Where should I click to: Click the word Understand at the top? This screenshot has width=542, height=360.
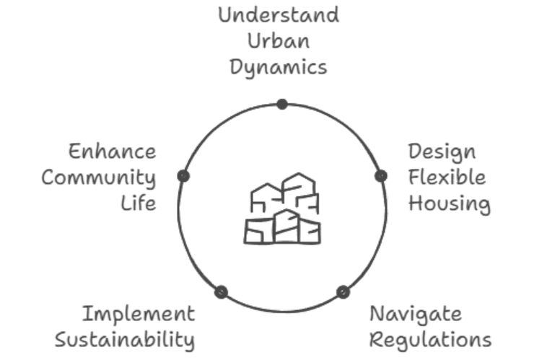click(x=279, y=15)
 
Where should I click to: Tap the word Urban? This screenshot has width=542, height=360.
click(x=279, y=41)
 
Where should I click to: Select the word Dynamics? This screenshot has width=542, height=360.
click(x=279, y=67)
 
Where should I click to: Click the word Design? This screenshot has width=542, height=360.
click(x=442, y=152)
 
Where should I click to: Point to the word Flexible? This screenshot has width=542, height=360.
click(x=447, y=177)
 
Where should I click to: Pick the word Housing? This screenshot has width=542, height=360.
click(x=449, y=203)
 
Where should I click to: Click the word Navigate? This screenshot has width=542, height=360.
click(x=415, y=314)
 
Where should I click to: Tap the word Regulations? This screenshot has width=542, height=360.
click(x=430, y=339)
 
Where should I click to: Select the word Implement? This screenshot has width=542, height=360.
click(x=138, y=315)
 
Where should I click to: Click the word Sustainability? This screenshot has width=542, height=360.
click(x=125, y=340)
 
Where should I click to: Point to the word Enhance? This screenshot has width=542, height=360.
click(x=112, y=152)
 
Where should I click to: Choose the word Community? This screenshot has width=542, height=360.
click(x=98, y=177)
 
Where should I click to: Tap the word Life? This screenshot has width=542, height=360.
click(x=139, y=203)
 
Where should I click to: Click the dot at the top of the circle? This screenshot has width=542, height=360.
click(x=282, y=104)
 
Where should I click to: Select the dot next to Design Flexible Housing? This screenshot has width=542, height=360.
click(x=381, y=175)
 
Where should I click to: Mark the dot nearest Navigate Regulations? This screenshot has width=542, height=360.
click(x=343, y=292)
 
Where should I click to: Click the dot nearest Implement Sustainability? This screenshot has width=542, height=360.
click(x=222, y=292)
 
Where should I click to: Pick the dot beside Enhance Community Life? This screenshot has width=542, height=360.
click(x=183, y=175)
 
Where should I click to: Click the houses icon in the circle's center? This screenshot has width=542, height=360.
click(x=282, y=208)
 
